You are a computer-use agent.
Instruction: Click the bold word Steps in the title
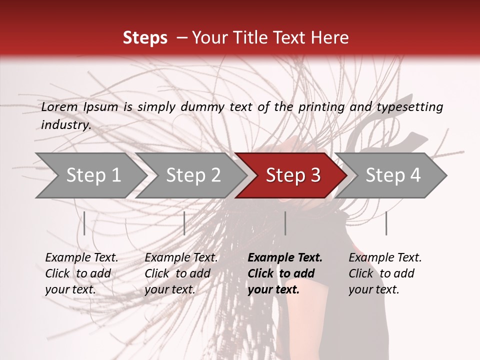click(x=145, y=38)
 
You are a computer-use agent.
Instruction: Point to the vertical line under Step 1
click(x=84, y=223)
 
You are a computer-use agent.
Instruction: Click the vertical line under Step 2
click(x=184, y=223)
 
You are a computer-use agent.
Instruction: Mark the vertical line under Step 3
click(x=285, y=223)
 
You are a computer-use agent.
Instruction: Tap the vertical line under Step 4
click(x=386, y=223)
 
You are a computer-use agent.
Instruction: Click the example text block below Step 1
click(x=81, y=273)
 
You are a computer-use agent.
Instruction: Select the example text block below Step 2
click(x=181, y=273)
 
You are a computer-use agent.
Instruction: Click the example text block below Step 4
click(x=385, y=273)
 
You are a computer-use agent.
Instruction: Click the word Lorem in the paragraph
click(x=59, y=107)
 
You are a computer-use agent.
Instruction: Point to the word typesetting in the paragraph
click(x=409, y=107)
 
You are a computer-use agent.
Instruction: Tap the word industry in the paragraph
click(x=66, y=125)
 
